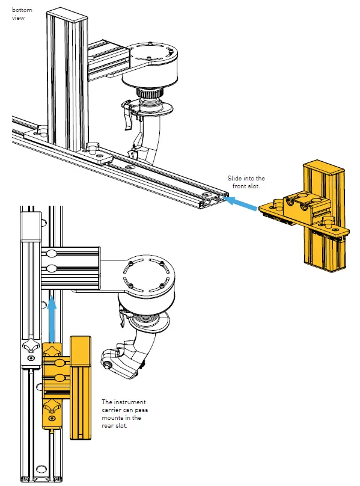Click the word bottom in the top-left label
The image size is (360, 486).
coord(22,10)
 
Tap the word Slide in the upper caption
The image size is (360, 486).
coord(234,179)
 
